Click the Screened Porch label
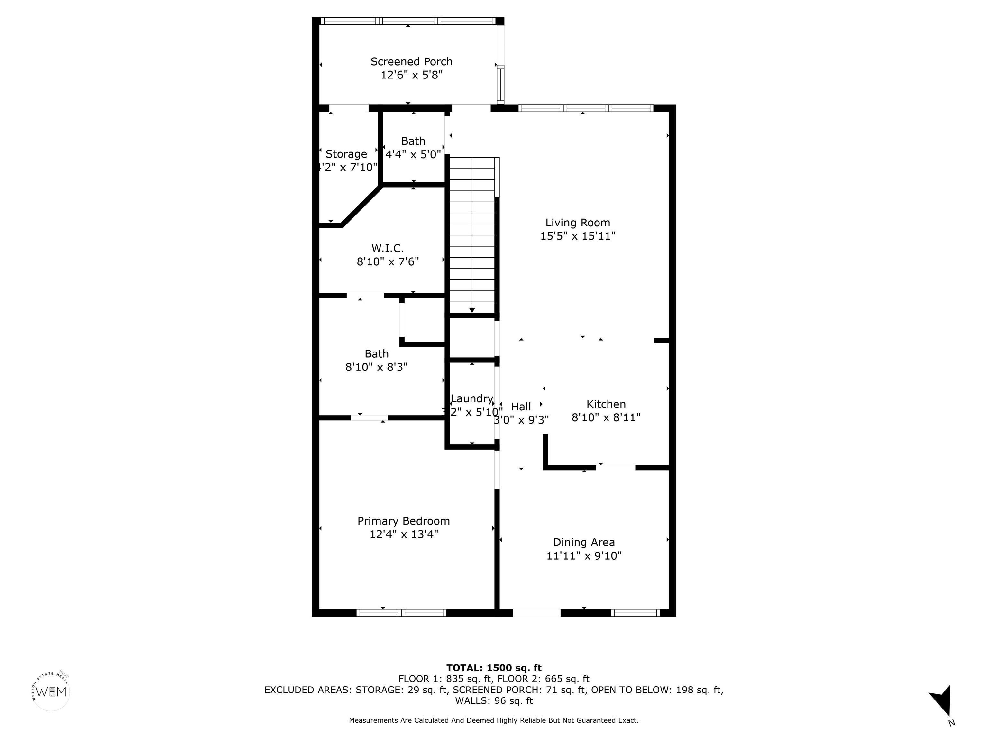point(411,62)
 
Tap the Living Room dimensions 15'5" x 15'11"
point(578,236)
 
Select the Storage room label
point(346,154)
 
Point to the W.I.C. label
point(387,248)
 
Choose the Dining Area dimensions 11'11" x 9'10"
point(584,556)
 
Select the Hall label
point(521,407)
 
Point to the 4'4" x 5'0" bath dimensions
point(413,155)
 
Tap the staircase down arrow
point(472,310)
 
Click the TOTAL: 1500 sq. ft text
point(494,668)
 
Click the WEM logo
point(51,692)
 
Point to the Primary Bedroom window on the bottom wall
point(401,613)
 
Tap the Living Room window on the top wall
point(585,108)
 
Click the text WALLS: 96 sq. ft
point(494,701)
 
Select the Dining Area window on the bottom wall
point(635,613)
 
